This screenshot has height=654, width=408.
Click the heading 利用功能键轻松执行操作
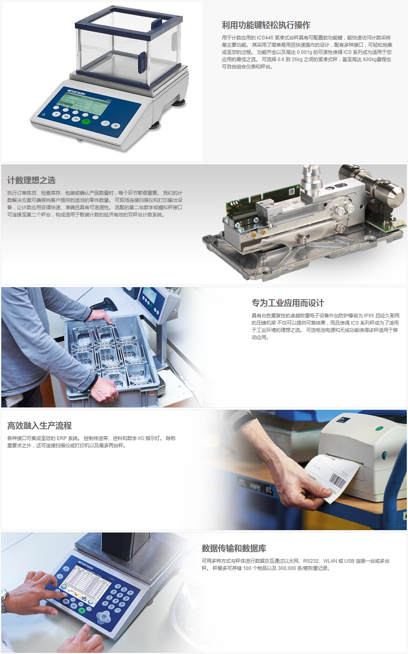(x=266, y=25)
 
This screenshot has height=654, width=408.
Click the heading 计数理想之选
(x=31, y=180)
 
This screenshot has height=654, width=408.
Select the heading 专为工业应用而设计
(x=288, y=303)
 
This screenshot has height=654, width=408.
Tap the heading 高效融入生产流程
(x=40, y=425)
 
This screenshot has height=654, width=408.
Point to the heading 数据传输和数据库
(x=234, y=548)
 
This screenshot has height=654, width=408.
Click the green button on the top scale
(x=85, y=122)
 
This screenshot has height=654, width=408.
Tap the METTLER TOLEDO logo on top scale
(x=76, y=92)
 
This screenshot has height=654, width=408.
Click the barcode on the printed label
(x=338, y=480)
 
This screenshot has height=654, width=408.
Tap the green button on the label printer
(x=379, y=429)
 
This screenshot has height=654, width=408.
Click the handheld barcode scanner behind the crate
(x=103, y=304)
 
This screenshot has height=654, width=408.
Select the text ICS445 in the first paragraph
(x=265, y=38)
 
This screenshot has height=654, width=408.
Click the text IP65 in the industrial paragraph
(x=369, y=316)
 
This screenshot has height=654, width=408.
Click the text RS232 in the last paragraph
(x=311, y=561)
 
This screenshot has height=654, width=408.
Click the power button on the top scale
(x=44, y=115)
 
